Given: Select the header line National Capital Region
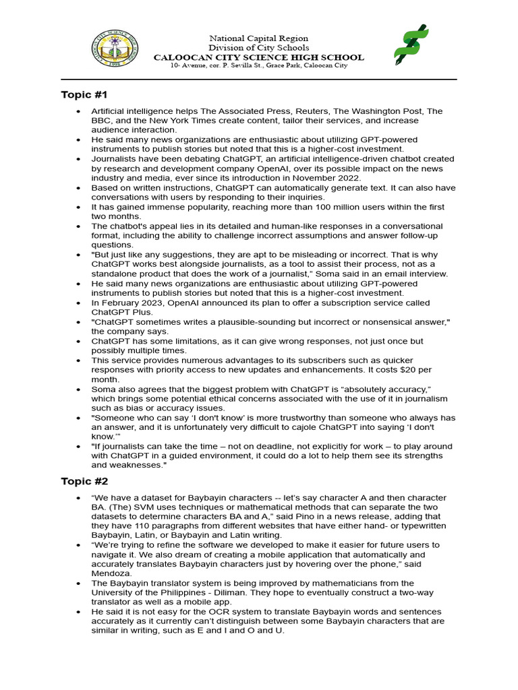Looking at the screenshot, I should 258,39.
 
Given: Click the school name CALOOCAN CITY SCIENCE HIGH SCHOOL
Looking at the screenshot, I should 258,57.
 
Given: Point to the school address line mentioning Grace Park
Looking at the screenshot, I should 258,65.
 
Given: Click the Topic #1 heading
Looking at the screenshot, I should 84,94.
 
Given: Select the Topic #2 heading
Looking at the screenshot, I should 84,481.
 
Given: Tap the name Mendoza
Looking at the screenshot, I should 111,573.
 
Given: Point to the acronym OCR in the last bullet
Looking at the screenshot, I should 193,611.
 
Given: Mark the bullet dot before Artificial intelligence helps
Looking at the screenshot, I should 80,111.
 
